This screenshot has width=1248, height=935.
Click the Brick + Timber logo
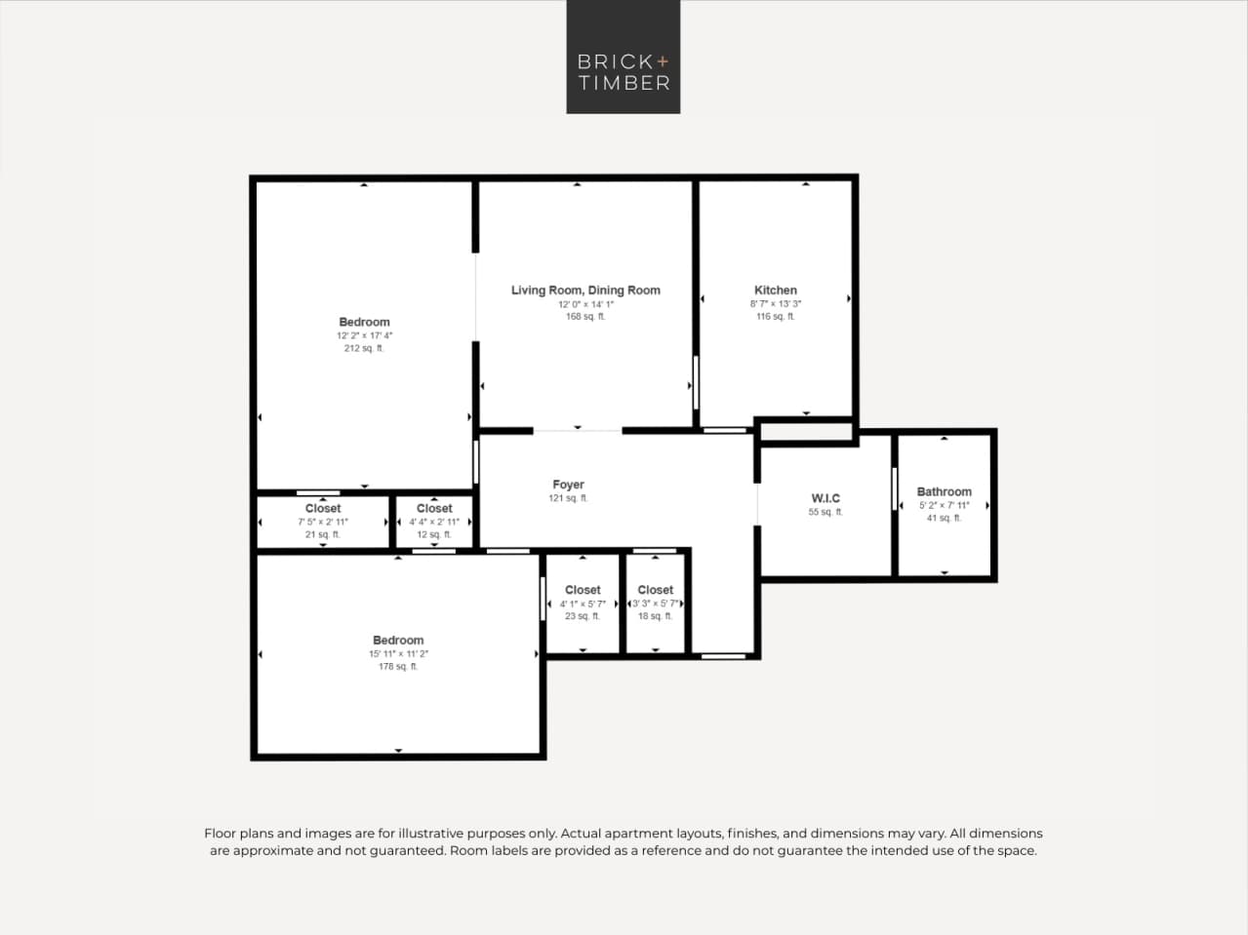point(623,58)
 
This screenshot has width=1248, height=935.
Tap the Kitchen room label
point(776,291)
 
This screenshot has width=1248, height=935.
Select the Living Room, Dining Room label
point(585,291)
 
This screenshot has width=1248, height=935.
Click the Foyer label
point(568,485)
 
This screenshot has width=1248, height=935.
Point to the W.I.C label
point(825,498)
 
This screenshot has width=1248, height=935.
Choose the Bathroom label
point(944,492)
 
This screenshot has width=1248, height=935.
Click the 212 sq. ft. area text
point(364,348)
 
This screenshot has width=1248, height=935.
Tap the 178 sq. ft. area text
point(398,667)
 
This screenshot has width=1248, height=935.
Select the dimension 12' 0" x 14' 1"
point(585,304)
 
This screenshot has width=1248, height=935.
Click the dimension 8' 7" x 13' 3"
point(776,304)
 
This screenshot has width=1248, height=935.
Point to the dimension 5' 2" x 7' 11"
point(944,505)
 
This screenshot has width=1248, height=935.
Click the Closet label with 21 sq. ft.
point(323,509)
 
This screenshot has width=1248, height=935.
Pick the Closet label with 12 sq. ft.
point(434,509)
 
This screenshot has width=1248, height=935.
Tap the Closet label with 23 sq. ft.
point(583,590)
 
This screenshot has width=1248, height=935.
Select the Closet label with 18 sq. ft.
point(655,590)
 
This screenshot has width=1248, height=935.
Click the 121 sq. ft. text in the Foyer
point(568,498)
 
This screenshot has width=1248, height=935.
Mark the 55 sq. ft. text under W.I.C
point(825,512)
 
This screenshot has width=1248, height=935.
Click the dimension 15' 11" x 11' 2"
point(398,654)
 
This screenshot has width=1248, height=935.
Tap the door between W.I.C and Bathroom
point(894,488)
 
